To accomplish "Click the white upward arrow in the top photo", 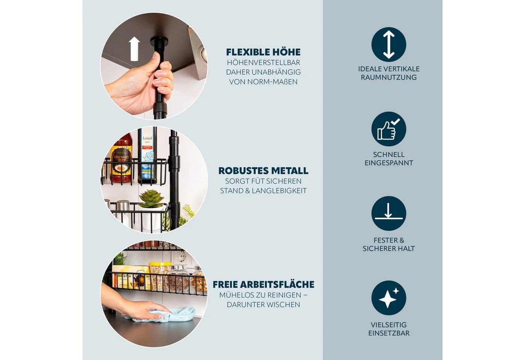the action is [134, 49].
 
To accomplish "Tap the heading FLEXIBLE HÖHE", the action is [263, 52].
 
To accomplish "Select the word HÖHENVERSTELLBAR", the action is [263, 63].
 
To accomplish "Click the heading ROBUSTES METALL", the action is [263, 171].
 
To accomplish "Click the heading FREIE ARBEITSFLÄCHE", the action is [263, 285].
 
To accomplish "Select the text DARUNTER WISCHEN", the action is [263, 304].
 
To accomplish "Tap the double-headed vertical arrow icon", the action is [388, 45].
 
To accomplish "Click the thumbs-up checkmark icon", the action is [388, 129].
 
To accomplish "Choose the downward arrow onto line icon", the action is [388, 213].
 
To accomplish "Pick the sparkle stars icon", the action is [388, 298].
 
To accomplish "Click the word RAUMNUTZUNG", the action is [388, 77].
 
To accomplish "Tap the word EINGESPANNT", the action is [388, 163].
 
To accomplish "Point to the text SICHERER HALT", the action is [388, 249].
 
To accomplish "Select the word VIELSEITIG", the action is [388, 325].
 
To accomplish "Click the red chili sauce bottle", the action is [121, 158].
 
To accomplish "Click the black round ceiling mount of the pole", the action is [159, 42].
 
